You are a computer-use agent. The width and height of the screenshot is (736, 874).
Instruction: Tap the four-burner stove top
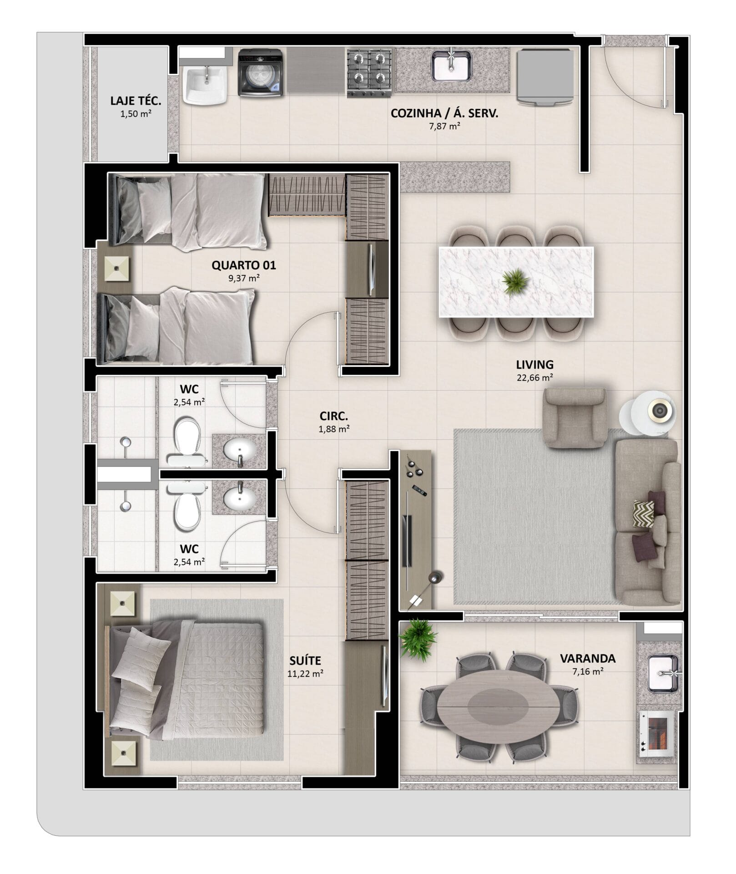(x=369, y=73)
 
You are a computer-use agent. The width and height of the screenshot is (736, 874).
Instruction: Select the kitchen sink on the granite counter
(x=451, y=66)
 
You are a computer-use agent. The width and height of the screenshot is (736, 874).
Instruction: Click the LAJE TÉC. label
(x=136, y=101)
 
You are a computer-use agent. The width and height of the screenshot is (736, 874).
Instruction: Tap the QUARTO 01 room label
(x=244, y=265)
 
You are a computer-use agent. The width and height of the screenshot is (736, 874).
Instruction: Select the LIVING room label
(x=534, y=365)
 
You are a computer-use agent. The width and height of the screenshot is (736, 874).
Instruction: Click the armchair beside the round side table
(x=575, y=417)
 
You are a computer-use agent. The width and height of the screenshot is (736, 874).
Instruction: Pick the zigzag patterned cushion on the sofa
(x=643, y=513)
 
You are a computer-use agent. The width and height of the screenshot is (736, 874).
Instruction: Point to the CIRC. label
(x=334, y=416)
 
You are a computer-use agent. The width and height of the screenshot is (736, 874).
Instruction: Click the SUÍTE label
(x=305, y=660)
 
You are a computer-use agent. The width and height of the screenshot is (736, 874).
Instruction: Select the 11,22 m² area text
(x=305, y=673)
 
